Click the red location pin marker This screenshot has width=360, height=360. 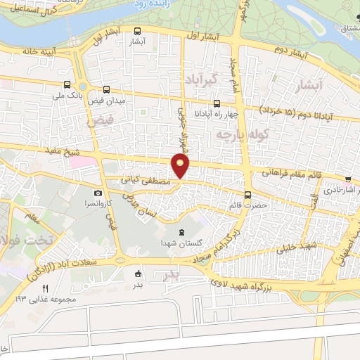coord(181,165)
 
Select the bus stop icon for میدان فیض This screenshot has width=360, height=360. coord(107,89)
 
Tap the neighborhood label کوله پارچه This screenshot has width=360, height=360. coord(233,134)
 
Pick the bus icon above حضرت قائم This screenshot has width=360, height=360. coord(247,195)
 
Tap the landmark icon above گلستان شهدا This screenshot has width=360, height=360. coord(183,233)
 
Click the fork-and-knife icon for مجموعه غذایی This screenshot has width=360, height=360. coord(46,288)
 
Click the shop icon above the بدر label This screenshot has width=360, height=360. coord(138,274)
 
